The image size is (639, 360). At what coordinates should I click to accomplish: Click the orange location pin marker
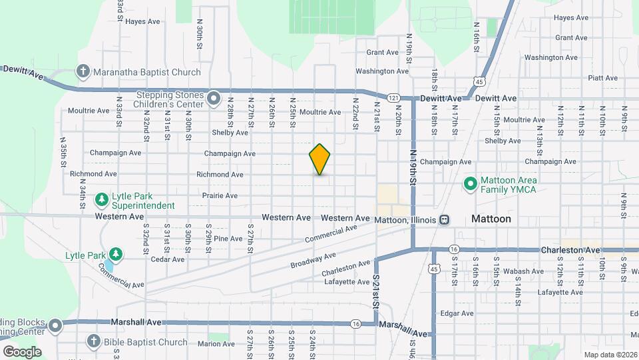click(x=320, y=159)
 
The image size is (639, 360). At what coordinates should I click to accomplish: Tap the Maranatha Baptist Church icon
click(x=83, y=71)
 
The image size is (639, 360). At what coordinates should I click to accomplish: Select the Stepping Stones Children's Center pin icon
click(x=214, y=99)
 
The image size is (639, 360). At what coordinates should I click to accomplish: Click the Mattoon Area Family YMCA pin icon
click(x=470, y=183)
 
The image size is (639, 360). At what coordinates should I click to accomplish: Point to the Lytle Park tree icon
click(x=116, y=255)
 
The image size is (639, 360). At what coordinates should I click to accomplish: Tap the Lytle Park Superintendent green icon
click(x=101, y=199)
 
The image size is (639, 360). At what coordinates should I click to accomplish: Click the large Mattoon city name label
click(x=491, y=219)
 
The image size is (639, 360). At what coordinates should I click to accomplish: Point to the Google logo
click(x=22, y=351)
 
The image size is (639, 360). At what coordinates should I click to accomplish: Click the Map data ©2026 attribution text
click(x=610, y=355)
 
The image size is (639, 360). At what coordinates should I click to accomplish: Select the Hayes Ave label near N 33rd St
click(x=143, y=21)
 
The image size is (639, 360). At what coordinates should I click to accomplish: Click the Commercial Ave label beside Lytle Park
click(x=121, y=277)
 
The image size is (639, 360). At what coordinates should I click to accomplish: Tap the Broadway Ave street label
click(x=313, y=261)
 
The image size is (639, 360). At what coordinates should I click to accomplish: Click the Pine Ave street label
click(x=228, y=238)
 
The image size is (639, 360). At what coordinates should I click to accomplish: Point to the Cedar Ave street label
click(x=167, y=259)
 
